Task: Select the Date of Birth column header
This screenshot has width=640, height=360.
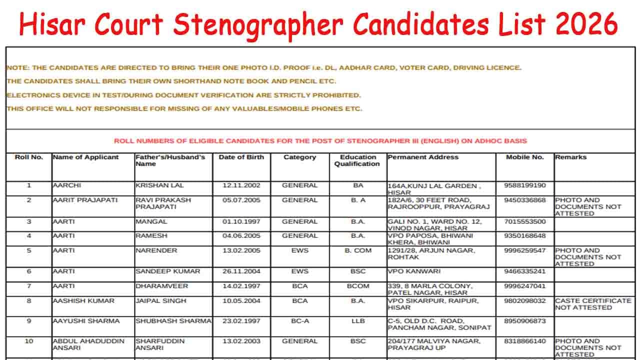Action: coord(241,157)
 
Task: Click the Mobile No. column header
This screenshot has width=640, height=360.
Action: coord(524,157)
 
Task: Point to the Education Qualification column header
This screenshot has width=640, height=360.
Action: coord(357,160)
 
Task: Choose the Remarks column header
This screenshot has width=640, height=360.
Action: coord(570,157)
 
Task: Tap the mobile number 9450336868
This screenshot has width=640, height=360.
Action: coord(525,200)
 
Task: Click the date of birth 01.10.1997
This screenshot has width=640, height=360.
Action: coord(241,221)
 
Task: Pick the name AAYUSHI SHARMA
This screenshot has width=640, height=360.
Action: coord(86,321)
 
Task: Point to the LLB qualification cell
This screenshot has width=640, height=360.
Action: coord(357,321)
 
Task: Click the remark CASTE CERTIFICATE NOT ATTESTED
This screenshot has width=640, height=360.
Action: coord(593,304)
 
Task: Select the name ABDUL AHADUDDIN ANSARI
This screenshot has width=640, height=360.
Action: coord(88,344)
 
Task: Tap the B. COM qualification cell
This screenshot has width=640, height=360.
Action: coord(357,250)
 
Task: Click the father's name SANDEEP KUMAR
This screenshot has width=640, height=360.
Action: coord(167,271)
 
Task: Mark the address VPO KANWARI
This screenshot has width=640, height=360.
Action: coord(414,271)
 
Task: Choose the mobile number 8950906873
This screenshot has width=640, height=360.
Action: coord(525,321)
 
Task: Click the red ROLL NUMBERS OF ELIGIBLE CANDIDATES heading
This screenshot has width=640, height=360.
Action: coord(320,141)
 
